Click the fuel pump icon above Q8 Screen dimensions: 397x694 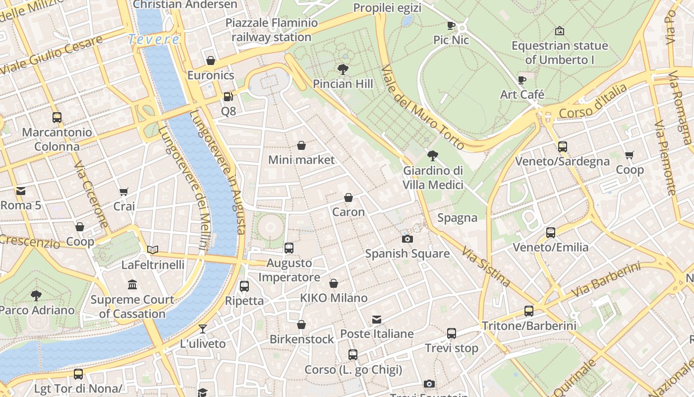[x=228, y=97]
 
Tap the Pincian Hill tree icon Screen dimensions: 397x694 [x=343, y=69]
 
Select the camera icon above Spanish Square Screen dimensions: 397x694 [x=407, y=239]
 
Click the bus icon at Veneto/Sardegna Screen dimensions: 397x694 [x=562, y=147]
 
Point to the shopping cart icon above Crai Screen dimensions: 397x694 [x=124, y=192]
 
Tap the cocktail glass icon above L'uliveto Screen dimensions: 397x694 [x=202, y=329]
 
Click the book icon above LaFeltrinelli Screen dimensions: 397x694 [x=153, y=250]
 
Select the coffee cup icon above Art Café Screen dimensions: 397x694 [x=522, y=79]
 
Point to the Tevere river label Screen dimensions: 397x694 [x=154, y=39]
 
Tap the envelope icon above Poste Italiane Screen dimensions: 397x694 [x=377, y=319]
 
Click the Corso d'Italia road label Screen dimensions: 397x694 [x=593, y=101]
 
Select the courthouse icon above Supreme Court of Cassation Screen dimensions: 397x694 [x=132, y=285]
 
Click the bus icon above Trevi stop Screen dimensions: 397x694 [x=451, y=333]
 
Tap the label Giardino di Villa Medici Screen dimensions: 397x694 [x=433, y=178]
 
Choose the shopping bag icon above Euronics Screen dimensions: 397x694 [x=211, y=61]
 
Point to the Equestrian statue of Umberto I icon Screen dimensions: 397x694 [x=560, y=31]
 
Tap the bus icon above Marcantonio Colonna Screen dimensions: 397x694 [x=57, y=118]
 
